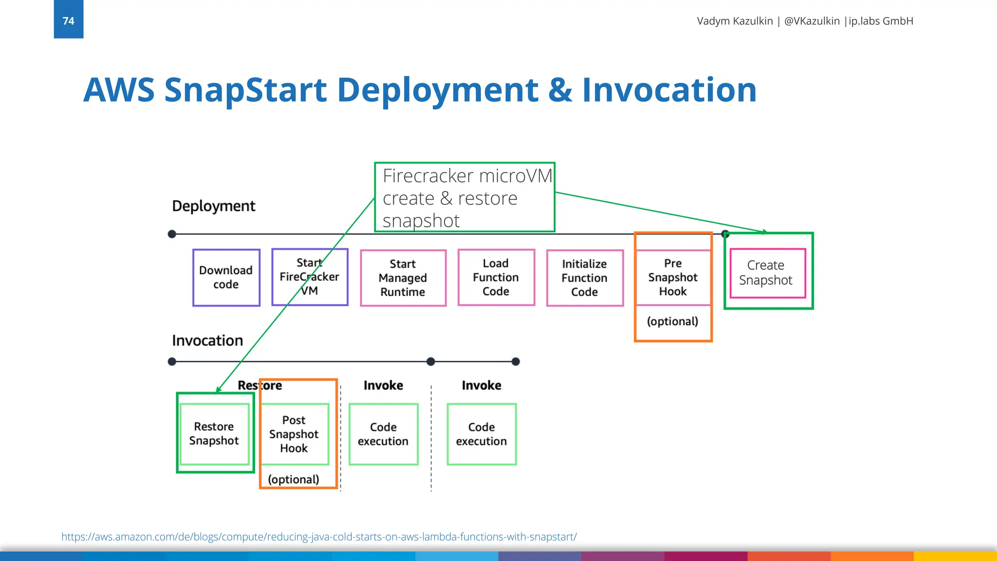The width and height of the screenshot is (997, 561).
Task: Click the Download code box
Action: (x=226, y=278)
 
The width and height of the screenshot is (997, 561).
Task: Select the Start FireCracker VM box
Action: (x=310, y=277)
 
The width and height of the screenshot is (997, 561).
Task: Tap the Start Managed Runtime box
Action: (x=403, y=278)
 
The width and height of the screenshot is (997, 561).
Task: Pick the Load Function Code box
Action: (x=496, y=278)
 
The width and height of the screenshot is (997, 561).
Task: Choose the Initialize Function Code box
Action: (x=585, y=278)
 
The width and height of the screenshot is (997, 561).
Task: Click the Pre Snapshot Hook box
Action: (x=673, y=278)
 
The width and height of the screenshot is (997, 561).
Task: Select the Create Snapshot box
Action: (x=767, y=273)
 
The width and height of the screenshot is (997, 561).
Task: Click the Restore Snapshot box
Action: (x=214, y=433)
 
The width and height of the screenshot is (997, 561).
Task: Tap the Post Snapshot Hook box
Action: (x=294, y=434)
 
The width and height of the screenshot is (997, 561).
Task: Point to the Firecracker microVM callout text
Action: (x=464, y=197)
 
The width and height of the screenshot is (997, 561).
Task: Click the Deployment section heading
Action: (x=213, y=206)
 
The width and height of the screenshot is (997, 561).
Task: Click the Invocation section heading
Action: (x=207, y=340)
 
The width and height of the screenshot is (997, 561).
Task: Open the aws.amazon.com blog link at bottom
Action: (x=319, y=537)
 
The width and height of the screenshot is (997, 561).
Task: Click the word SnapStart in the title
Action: (x=245, y=90)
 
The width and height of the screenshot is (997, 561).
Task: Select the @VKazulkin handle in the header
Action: (x=812, y=21)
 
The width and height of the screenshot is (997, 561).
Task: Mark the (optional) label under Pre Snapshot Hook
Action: (x=672, y=321)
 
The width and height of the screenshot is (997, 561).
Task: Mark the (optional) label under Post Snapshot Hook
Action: (x=294, y=479)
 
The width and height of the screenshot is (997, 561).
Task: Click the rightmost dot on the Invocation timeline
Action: (x=516, y=361)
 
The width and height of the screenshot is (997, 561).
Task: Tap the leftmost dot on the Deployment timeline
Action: (x=172, y=234)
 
